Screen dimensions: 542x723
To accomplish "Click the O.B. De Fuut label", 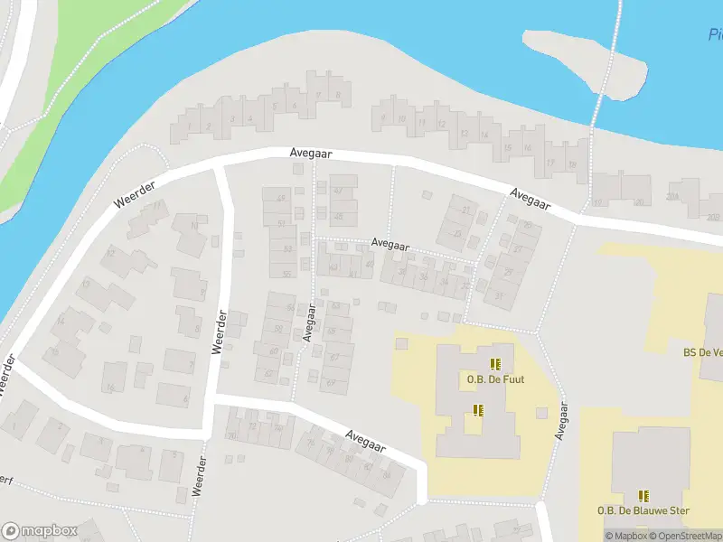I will (x=495, y=379).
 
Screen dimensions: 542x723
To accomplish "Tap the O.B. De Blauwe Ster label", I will (x=643, y=510).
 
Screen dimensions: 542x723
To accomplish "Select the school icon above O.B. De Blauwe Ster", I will (x=643, y=495).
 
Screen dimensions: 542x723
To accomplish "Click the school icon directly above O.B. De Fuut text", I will (x=495, y=364).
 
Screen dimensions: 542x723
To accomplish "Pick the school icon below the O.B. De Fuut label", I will (x=478, y=410).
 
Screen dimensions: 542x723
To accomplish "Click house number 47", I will (x=338, y=191).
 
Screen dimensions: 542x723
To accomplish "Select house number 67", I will (x=334, y=358).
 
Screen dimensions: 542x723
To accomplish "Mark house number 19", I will (x=572, y=165).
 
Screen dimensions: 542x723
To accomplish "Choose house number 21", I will (x=466, y=210).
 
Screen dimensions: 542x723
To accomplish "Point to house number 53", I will (x=287, y=248).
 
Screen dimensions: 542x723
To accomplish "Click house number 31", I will (x=498, y=295).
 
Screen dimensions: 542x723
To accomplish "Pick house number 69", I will (x=332, y=383).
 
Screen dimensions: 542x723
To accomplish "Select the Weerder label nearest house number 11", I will (x=136, y=195).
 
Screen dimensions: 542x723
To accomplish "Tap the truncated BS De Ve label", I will (x=702, y=353).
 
